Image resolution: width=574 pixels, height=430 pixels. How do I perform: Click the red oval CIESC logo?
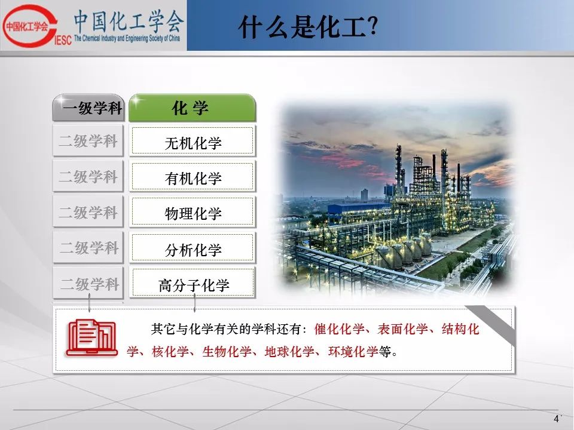click(x=30, y=26)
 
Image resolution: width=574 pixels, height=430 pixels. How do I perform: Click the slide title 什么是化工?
click(x=307, y=27)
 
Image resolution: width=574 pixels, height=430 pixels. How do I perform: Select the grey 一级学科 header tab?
click(x=88, y=107)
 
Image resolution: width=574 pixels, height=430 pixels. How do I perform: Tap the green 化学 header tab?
click(x=192, y=107)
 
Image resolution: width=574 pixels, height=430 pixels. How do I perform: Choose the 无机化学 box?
click(x=192, y=141)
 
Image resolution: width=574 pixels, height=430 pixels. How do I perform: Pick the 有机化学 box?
click(x=192, y=177)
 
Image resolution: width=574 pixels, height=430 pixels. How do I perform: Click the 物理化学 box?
click(x=192, y=212)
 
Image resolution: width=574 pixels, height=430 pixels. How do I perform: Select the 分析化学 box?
click(x=192, y=248)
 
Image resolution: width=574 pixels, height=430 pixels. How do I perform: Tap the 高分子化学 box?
click(x=192, y=283)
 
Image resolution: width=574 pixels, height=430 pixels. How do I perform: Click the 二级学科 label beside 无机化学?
click(x=88, y=141)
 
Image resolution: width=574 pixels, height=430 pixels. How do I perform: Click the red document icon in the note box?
click(x=92, y=338)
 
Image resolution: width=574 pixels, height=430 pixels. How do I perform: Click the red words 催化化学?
click(x=339, y=329)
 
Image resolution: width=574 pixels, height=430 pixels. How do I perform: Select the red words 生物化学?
click(x=227, y=352)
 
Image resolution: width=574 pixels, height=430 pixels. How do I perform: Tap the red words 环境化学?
click(x=353, y=352)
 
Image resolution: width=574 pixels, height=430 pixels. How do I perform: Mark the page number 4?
click(x=557, y=419)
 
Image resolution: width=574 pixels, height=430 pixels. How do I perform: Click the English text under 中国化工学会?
click(x=127, y=38)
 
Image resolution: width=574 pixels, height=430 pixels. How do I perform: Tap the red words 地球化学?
click(x=289, y=352)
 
